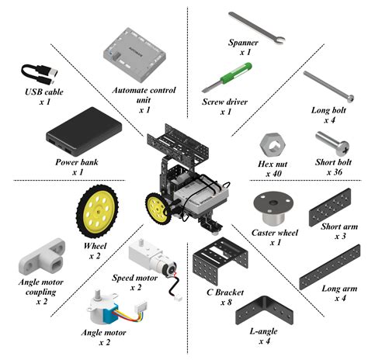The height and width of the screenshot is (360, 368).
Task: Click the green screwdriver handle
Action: pyautogui.click(x=236, y=72)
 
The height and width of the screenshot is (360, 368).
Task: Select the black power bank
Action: pyautogui.click(x=84, y=131)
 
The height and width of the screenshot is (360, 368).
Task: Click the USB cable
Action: pyautogui.click(x=40, y=74)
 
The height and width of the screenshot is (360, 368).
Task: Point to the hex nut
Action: pyautogui.click(x=273, y=144)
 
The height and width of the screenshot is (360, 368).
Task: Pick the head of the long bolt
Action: pyautogui.click(x=351, y=99)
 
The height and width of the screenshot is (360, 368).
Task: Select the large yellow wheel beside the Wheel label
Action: pyautogui.click(x=97, y=211)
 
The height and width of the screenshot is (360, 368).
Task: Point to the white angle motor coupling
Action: pyautogui.click(x=42, y=256)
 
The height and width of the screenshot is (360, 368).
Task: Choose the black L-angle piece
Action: pyautogui.click(x=264, y=311)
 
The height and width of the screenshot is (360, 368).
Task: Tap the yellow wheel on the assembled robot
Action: pyautogui.click(x=158, y=209)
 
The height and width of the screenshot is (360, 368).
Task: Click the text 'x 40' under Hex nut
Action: pyautogui.click(x=273, y=174)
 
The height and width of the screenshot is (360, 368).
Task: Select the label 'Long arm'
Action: pyautogui.click(x=339, y=289)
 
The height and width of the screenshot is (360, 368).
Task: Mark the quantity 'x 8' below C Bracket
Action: pyautogui.click(x=226, y=302)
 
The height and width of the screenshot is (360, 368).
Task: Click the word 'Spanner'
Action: pyautogui.click(x=243, y=43)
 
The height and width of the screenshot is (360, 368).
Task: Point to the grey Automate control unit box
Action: pyautogui.click(x=134, y=54)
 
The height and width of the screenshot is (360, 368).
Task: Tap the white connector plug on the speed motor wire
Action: pyautogui.click(x=178, y=298)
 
